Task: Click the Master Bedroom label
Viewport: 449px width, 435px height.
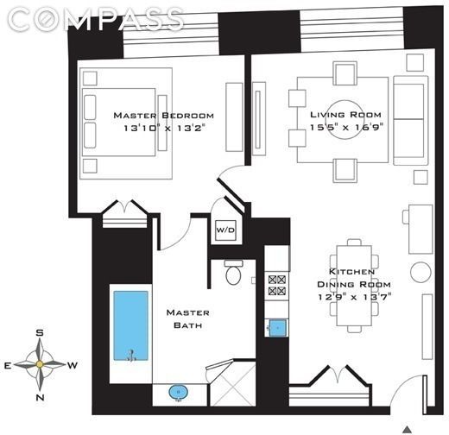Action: tap(163, 116)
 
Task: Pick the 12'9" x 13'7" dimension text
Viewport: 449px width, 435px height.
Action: tap(355, 296)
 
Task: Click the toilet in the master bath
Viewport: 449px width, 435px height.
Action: tap(233, 273)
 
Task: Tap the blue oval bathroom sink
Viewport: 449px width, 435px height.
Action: tap(179, 393)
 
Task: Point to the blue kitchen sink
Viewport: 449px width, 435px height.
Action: tap(277, 327)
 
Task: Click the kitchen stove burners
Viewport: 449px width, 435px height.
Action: tap(277, 285)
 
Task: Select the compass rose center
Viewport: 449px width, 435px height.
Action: tap(40, 364)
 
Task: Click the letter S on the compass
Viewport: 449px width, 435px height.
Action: tap(40, 333)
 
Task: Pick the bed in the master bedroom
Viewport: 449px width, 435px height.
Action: tap(121, 123)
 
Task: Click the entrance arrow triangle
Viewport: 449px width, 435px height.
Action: tap(408, 426)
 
